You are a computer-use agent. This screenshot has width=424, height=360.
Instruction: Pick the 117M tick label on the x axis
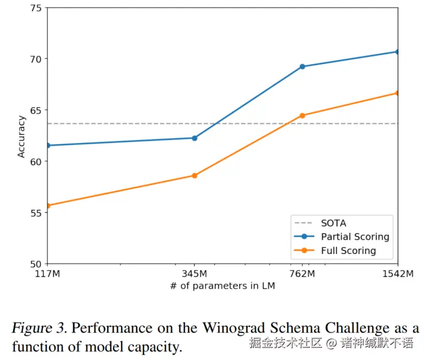click(47, 274)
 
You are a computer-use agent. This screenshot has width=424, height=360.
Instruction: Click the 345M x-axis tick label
click(194, 274)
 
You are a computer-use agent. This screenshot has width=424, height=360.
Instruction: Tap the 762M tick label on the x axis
click(302, 274)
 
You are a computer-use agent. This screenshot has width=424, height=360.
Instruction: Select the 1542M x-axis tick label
click(398, 274)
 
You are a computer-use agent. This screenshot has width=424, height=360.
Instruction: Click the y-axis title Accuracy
click(21, 136)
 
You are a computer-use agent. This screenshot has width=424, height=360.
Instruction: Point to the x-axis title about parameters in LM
click(222, 286)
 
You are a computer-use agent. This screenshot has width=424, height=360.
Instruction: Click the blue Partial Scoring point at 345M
click(194, 138)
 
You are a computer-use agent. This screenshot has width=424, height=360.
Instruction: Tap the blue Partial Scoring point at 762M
click(302, 66)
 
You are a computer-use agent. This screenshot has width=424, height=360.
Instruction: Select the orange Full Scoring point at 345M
click(194, 175)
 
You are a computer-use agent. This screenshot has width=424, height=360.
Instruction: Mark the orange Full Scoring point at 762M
click(302, 115)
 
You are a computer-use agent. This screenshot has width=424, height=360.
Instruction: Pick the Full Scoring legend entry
click(348, 251)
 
